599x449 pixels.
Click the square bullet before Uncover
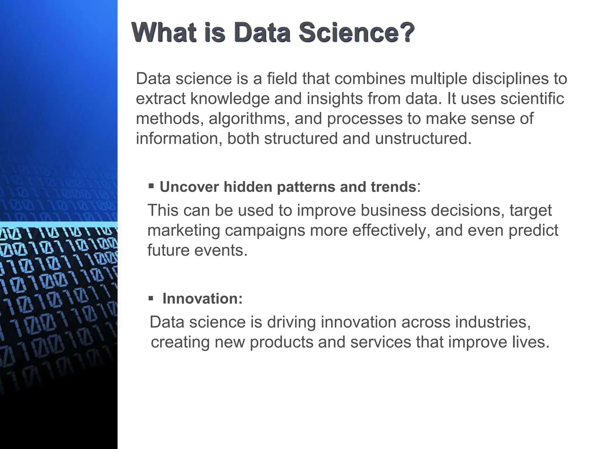(151, 186)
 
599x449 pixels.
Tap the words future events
(197, 250)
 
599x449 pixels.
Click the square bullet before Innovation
(151, 298)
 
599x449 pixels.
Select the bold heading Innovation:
(202, 299)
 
